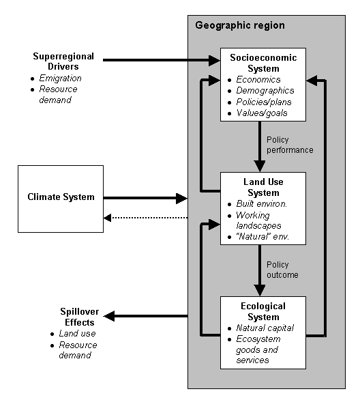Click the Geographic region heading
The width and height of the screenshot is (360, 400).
point(240,25)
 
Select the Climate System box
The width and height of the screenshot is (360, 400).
point(61,199)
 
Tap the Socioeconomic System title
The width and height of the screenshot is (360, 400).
point(263,63)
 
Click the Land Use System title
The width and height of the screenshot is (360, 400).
point(263,187)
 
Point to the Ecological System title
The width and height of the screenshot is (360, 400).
point(263,311)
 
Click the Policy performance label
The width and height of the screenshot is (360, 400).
point(290,145)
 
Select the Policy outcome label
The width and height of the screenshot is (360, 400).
point(282,270)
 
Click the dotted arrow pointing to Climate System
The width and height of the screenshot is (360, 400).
point(145,218)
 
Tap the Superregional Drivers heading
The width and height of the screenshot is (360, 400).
point(63,61)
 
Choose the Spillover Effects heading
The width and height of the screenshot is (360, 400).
point(80,317)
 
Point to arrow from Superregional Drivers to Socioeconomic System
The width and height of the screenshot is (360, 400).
point(162,60)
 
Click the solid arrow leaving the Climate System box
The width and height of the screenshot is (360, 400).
point(145,198)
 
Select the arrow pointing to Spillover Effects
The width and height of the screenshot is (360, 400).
point(145,316)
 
